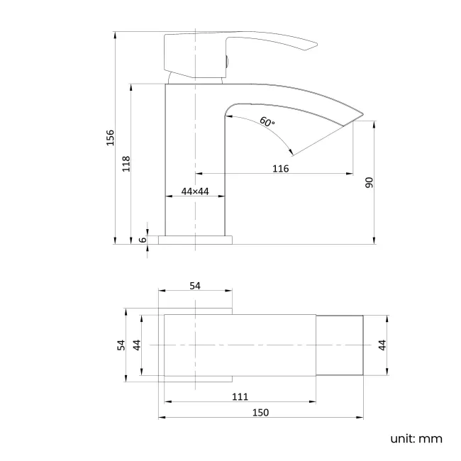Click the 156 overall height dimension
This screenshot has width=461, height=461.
pyautogui.click(x=110, y=137)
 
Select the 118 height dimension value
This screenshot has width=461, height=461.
pyautogui.click(x=126, y=164)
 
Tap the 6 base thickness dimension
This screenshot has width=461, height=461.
pyautogui.click(x=143, y=239)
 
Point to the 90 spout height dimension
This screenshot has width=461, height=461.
pyautogui.click(x=369, y=182)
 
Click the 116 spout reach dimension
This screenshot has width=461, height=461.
pyautogui.click(x=280, y=168)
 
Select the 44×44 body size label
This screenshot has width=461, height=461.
pyautogui.click(x=194, y=191)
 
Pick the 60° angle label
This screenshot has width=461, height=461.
pyautogui.click(x=267, y=121)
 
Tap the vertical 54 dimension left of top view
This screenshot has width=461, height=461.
pyautogui.click(x=121, y=345)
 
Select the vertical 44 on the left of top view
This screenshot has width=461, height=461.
pyautogui.click(x=137, y=345)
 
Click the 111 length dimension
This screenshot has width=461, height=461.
pyautogui.click(x=239, y=396)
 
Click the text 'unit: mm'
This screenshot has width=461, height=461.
pyautogui.click(x=416, y=438)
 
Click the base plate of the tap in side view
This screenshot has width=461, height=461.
pyautogui.click(x=195, y=240)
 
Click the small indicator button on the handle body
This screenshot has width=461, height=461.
pyautogui.click(x=226, y=62)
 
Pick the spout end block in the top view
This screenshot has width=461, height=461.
pyautogui.click(x=340, y=345)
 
